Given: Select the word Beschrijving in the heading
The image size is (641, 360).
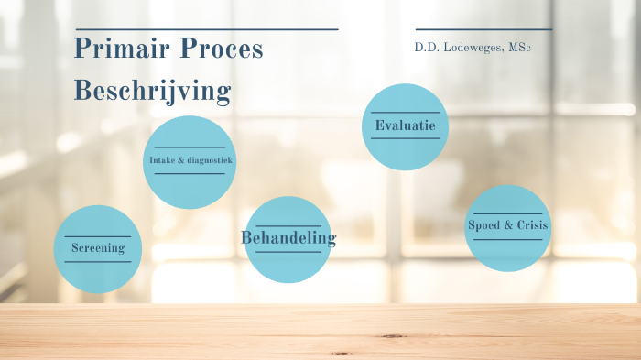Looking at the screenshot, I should coord(152,92).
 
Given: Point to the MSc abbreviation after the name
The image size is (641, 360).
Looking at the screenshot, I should coord(517,47).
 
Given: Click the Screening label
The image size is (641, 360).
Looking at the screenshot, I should coord(98,248).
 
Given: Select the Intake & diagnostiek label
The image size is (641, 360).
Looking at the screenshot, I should coord(190,161).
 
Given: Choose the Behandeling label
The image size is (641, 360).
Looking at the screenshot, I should coord(288,238).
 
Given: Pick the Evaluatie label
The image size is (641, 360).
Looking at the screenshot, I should coord(405,125).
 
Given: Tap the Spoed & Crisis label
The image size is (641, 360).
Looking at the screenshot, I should coord(508,225).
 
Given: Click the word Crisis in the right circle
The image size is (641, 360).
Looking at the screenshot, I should coord(528,225).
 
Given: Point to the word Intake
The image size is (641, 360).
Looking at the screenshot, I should coord(163,161).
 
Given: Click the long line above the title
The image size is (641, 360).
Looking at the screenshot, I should coord(206,29).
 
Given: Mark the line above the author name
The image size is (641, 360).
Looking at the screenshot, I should coord(483,29).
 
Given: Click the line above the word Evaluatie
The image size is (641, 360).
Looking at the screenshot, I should coord(405,112).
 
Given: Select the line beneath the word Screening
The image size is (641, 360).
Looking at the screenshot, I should coord(98,262).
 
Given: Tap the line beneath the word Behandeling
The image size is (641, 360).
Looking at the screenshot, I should coord(288,252).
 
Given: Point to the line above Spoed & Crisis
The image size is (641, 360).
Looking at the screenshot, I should coord(508,213).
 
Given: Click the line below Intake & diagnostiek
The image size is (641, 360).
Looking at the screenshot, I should coord(190,174).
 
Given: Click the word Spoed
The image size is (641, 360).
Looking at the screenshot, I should coord(484,225).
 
